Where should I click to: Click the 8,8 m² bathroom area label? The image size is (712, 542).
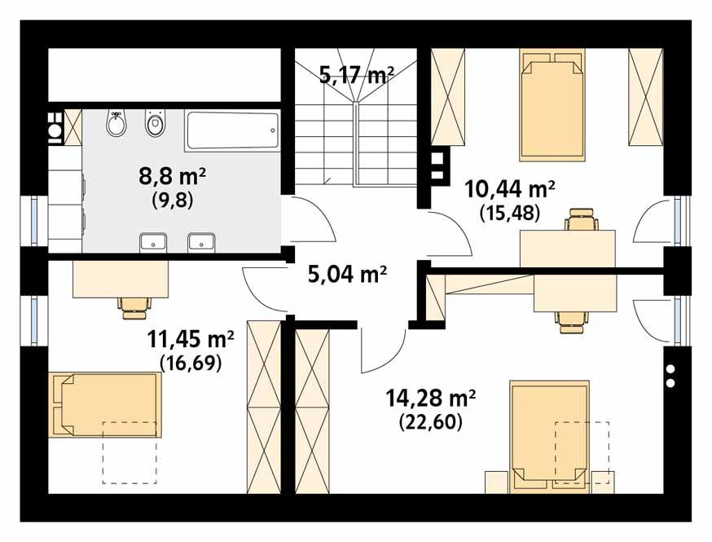pyautogui.click(x=171, y=177)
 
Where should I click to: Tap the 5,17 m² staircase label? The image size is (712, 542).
pyautogui.click(x=356, y=76)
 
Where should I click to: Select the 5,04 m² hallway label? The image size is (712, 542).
pyautogui.click(x=346, y=273)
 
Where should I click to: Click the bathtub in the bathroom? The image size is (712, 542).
pyautogui.click(x=232, y=130)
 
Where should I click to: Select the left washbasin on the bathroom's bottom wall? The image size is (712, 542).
pyautogui.click(x=153, y=241)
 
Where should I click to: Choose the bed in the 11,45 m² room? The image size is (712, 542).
pyautogui.click(x=104, y=405)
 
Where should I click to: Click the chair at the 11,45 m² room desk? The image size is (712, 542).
pyautogui.click(x=135, y=305)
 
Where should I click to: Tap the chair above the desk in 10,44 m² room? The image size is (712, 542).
pyautogui.click(x=582, y=220)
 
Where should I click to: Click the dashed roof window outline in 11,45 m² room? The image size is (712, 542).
pyautogui.click(x=130, y=453)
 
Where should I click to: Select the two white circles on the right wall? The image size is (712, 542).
pyautogui.click(x=671, y=375)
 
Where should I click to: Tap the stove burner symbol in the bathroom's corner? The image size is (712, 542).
pyautogui.click(x=55, y=128)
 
